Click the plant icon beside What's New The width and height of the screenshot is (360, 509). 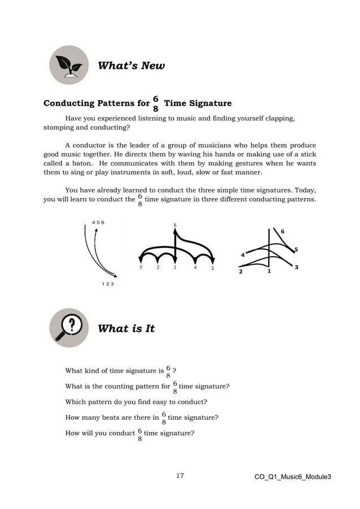click(x=69, y=65)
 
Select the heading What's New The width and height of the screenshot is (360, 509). click(x=131, y=66)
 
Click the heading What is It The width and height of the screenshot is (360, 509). click(x=126, y=328)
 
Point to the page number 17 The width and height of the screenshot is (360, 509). click(x=180, y=476)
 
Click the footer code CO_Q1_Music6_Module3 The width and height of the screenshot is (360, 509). click(x=292, y=477)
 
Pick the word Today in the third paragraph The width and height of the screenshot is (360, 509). click(x=304, y=190)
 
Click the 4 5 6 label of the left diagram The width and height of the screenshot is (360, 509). click(x=98, y=222)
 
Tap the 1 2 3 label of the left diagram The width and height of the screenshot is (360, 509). click(x=107, y=283)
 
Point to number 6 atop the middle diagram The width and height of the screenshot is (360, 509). click(x=175, y=225)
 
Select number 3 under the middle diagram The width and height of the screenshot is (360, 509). click(x=141, y=267)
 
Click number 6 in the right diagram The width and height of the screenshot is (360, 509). click(x=283, y=231)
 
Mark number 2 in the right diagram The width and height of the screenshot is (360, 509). click(x=240, y=271)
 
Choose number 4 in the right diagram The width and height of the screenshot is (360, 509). click(x=243, y=255)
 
